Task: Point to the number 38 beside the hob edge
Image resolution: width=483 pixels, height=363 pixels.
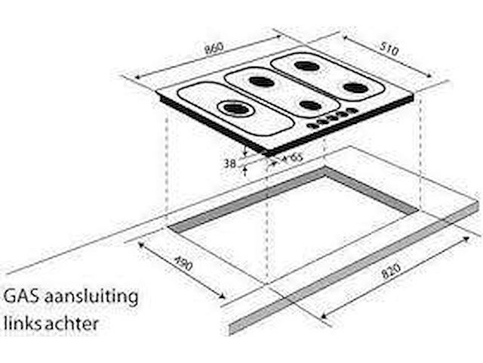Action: click(230, 162)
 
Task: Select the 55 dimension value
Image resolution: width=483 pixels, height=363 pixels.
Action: click(295, 158)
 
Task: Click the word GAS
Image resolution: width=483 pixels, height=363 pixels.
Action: click(22, 296)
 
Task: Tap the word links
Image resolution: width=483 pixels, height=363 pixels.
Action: click(24, 324)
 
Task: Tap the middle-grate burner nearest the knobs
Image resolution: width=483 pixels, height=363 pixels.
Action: click(309, 104)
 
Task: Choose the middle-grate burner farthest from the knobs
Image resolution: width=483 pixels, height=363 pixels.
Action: click(260, 81)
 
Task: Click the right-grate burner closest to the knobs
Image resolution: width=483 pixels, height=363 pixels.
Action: click(355, 88)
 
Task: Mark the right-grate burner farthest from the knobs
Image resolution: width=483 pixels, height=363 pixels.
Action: click(306, 66)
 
